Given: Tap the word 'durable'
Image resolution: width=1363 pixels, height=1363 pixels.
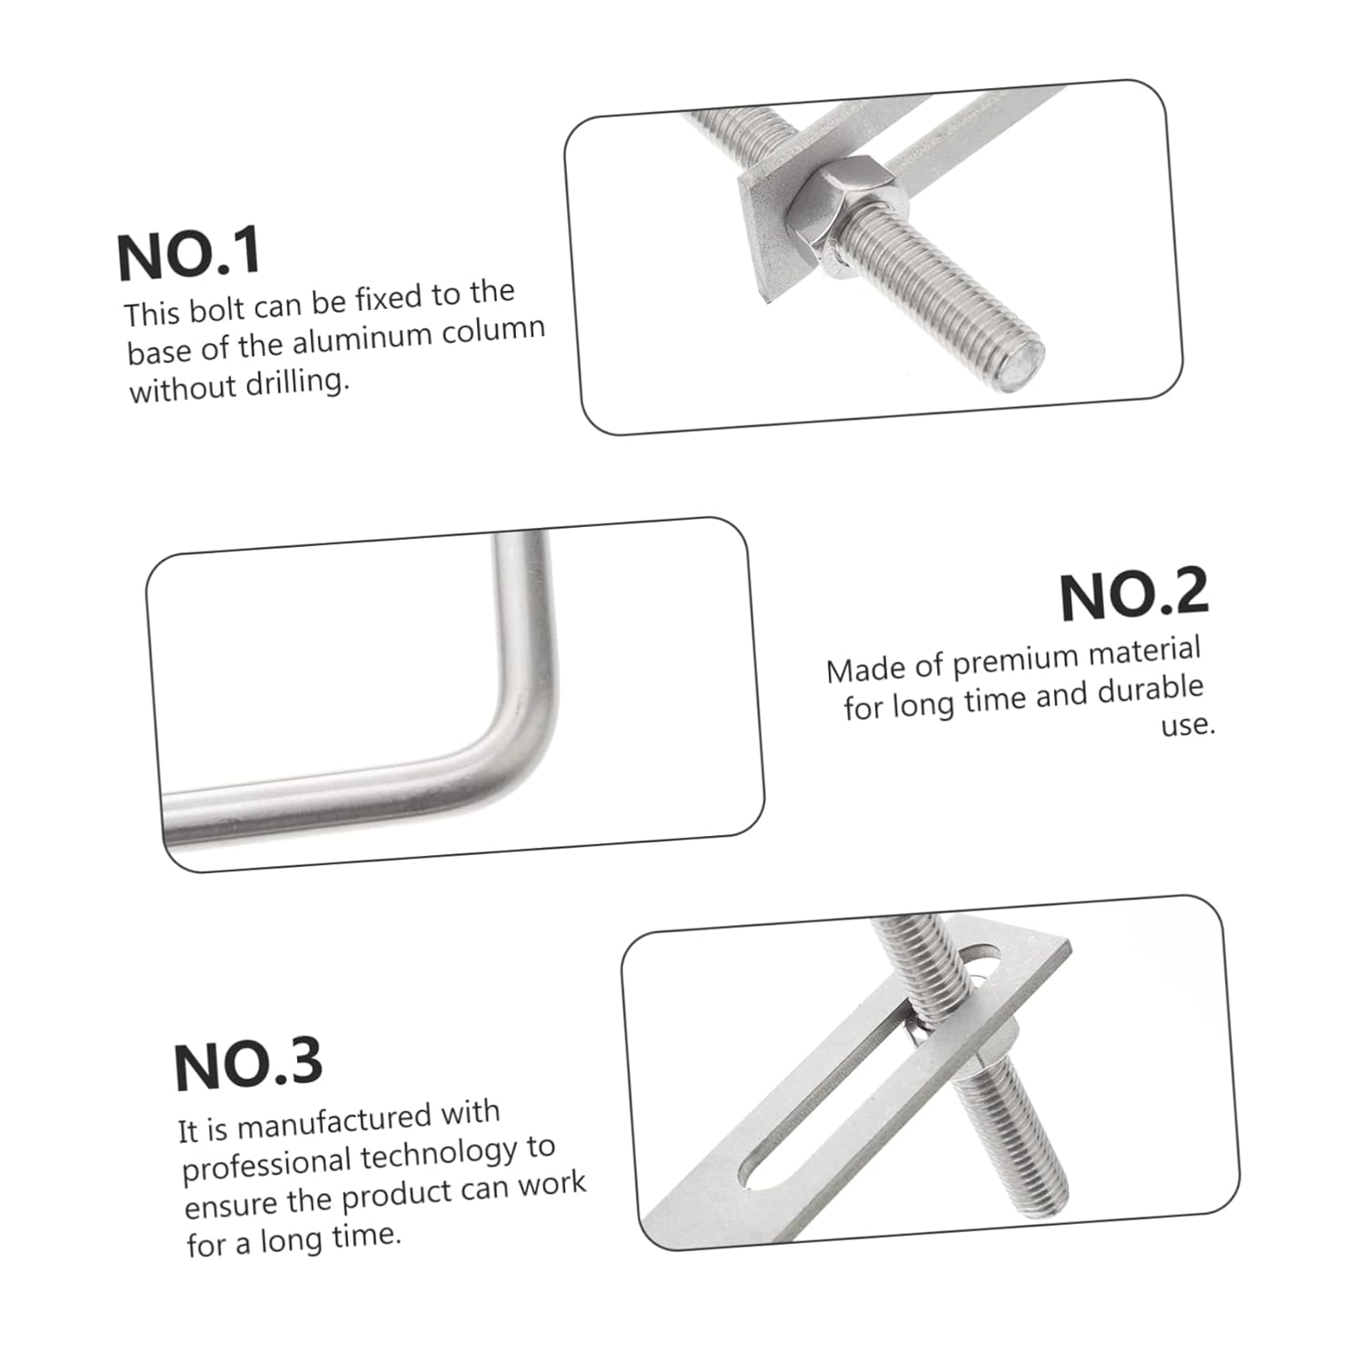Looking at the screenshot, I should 1150,691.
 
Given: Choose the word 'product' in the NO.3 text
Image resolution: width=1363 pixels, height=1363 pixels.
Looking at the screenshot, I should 388,1194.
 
